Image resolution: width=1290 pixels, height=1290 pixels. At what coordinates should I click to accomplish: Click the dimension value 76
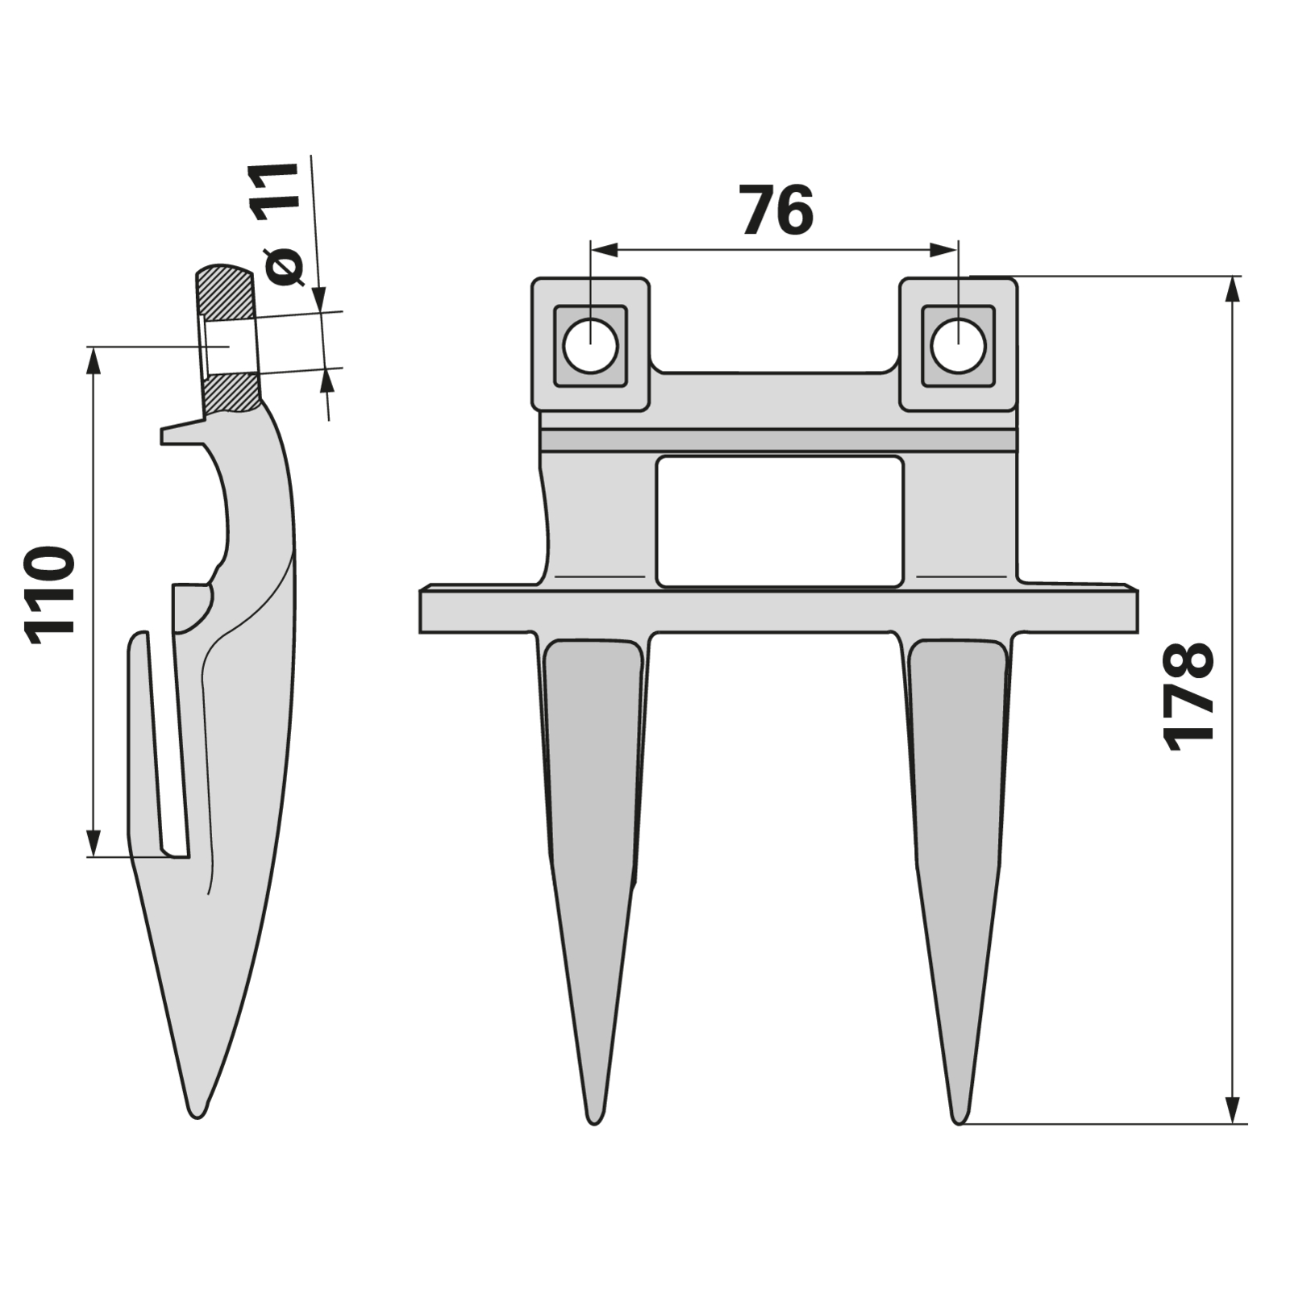point(776,210)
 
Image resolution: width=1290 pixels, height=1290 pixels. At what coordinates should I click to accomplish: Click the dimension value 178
point(1189,697)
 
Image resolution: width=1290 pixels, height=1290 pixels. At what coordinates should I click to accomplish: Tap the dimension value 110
point(50,596)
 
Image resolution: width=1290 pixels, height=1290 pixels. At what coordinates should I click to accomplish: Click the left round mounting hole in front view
point(591,346)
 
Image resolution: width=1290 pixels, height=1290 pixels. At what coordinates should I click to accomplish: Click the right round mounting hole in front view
point(958,346)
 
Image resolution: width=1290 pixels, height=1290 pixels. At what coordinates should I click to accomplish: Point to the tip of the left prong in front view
point(594,1121)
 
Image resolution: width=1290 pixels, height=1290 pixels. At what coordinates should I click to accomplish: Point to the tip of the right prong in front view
point(959,1121)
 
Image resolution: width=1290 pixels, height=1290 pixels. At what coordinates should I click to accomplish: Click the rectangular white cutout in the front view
point(779,522)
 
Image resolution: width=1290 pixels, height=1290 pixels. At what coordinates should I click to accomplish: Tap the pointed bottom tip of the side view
point(197,1115)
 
